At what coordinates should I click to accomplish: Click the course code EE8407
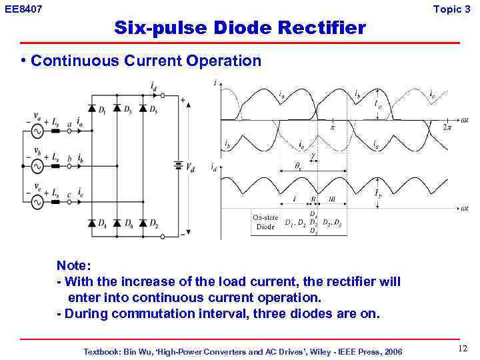click(23, 9)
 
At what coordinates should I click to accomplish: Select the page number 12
click(463, 349)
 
